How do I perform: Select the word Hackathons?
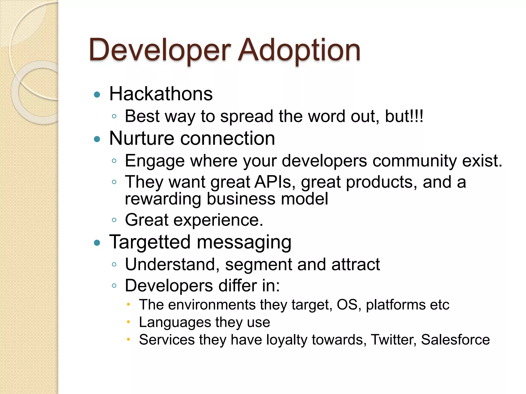pyautogui.click(x=161, y=94)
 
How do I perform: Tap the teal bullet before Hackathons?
pyautogui.click(x=97, y=95)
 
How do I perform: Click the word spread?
pyautogui.click(x=247, y=117)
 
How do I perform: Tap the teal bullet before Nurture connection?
pyautogui.click(x=97, y=139)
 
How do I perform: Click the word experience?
pyautogui.click(x=218, y=220)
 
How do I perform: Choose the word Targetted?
pyautogui.click(x=150, y=242)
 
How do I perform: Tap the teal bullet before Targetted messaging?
pyautogui.click(x=97, y=243)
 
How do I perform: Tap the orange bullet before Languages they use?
pyautogui.click(x=129, y=322)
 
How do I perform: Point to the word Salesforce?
pyautogui.click(x=455, y=340)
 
